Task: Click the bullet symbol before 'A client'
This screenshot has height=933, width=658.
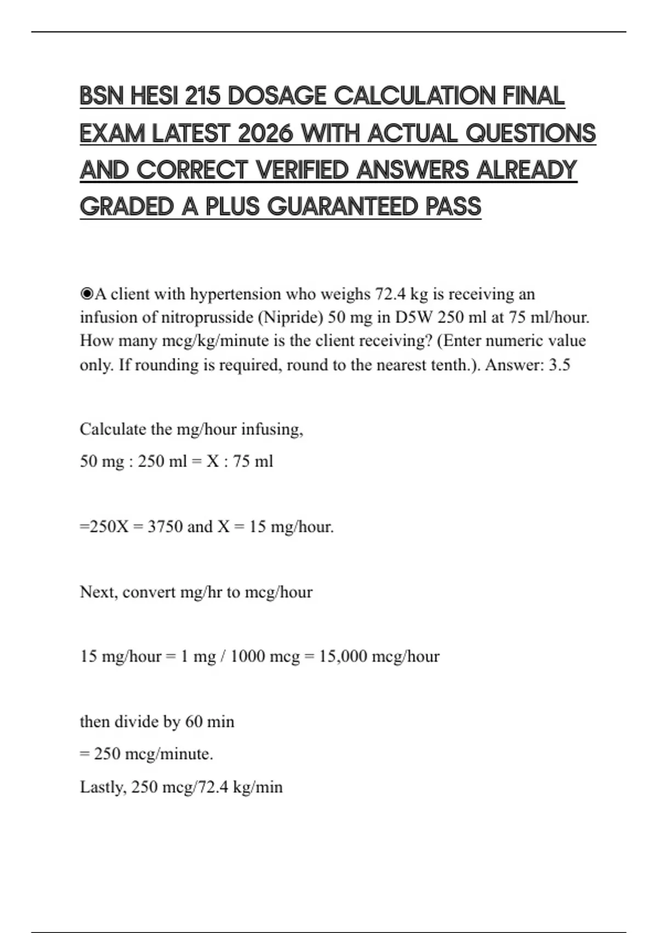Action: tap(87, 295)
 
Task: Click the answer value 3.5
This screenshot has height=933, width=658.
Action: tap(559, 365)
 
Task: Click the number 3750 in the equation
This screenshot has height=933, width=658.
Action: tap(165, 527)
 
